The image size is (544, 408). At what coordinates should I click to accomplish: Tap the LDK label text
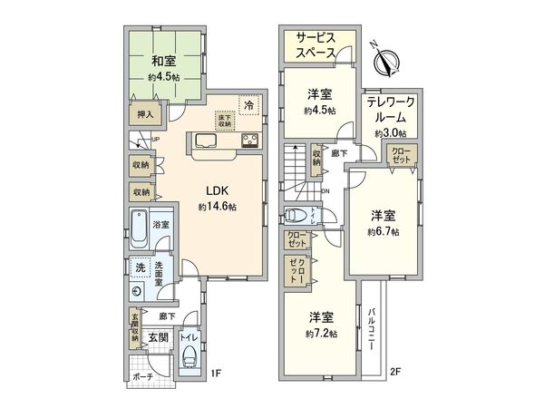216,191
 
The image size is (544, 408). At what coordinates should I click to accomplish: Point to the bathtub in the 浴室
140,228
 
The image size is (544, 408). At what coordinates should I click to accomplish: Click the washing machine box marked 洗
140,268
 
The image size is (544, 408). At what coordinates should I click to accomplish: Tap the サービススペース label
316,46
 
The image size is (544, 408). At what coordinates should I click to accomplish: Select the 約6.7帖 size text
384,231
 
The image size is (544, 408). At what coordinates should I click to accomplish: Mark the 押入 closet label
145,115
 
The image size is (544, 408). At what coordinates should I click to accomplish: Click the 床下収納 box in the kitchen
224,118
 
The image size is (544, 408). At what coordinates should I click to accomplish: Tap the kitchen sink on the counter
203,141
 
